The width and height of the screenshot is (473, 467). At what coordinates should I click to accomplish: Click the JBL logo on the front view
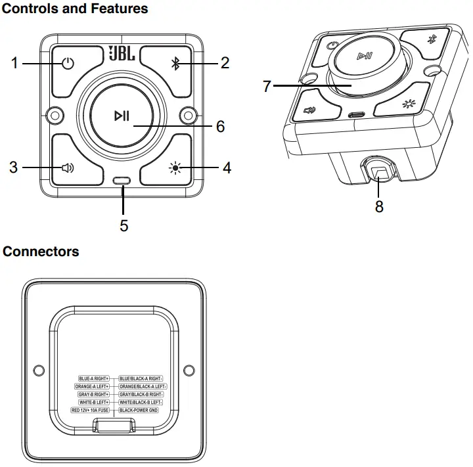pos(122,53)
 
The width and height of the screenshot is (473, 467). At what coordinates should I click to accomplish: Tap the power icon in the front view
pos(68,64)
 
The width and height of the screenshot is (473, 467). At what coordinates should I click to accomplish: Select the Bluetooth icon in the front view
pos(175,64)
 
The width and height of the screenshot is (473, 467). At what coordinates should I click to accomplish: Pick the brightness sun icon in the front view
pos(175,167)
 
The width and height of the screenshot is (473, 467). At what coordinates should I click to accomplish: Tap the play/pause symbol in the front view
pos(122,116)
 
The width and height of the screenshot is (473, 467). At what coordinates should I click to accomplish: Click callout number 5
pos(124,225)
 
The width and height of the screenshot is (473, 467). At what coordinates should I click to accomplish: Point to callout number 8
pos(379,206)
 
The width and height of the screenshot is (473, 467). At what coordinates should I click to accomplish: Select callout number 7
pos(267,86)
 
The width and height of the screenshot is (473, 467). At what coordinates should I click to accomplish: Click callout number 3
pos(13,167)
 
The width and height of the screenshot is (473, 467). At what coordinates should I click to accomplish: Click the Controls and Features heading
pos(76,9)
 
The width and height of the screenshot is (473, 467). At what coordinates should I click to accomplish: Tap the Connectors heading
pos(41,252)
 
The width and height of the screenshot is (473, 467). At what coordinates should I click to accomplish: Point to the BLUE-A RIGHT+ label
pos(93,379)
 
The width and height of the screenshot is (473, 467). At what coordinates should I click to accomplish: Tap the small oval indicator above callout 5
pos(122,181)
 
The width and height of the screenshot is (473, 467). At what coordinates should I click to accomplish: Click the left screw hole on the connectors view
pos(39,370)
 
